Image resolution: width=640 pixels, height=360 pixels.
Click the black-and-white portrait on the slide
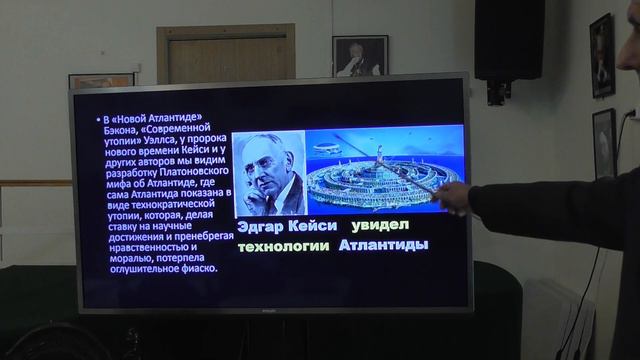pos(269,173)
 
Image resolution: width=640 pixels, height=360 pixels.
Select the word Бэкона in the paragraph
pos(123,130)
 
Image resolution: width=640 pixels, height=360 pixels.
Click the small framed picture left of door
pos(101,80)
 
